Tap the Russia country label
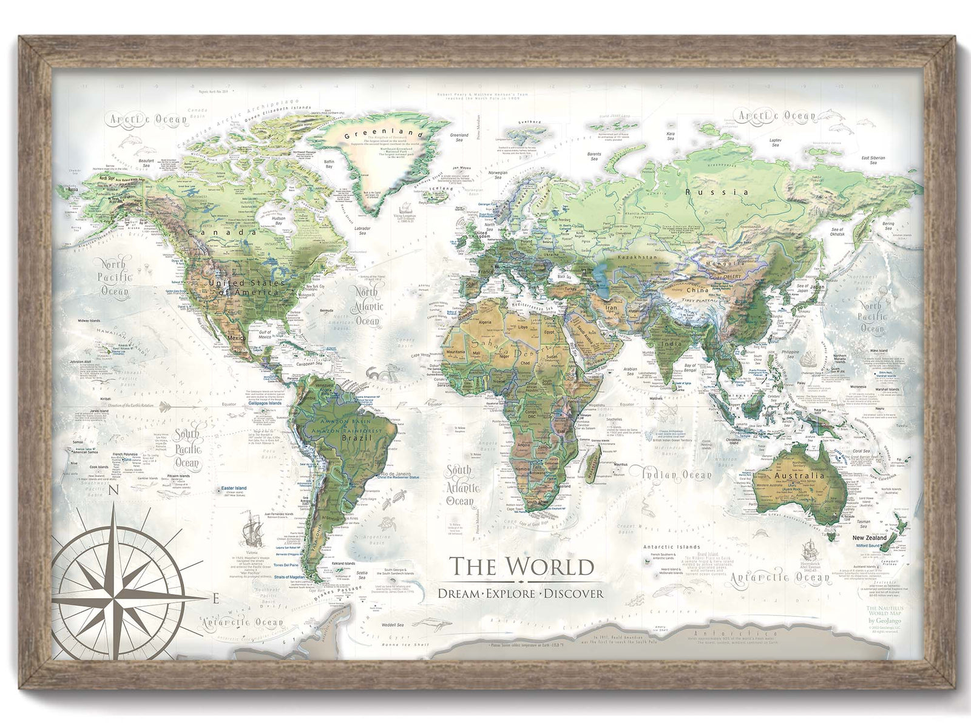point(717,192)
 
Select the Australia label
point(799,475)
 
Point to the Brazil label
point(356,437)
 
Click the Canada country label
point(222,232)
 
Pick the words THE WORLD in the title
point(521,567)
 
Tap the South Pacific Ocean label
point(187,449)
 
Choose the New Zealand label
point(869,538)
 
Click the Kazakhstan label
point(637,258)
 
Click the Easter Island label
point(234,488)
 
